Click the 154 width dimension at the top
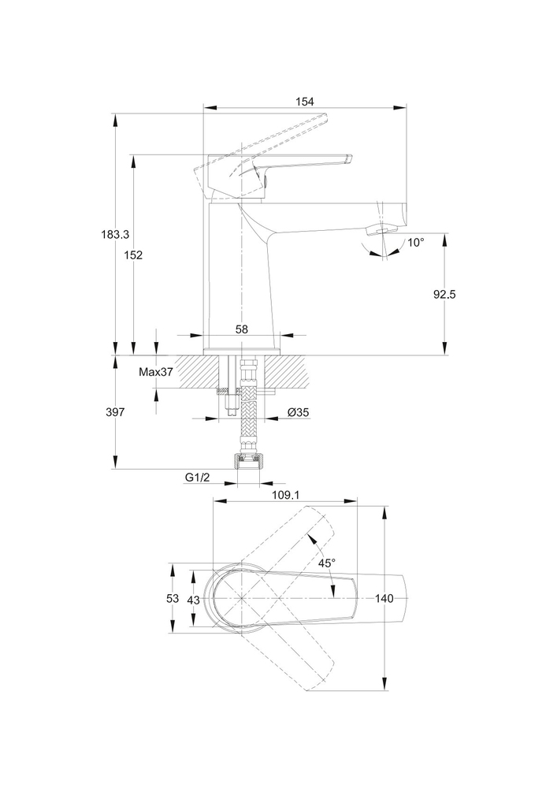[305, 101]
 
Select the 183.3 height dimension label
[115, 234]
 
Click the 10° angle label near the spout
[416, 242]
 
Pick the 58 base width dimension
[242, 329]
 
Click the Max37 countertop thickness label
[156, 372]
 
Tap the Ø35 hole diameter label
[298, 412]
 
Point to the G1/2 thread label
[199, 478]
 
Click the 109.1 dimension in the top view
[285, 495]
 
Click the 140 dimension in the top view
[384, 599]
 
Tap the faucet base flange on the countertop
[242, 350]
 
